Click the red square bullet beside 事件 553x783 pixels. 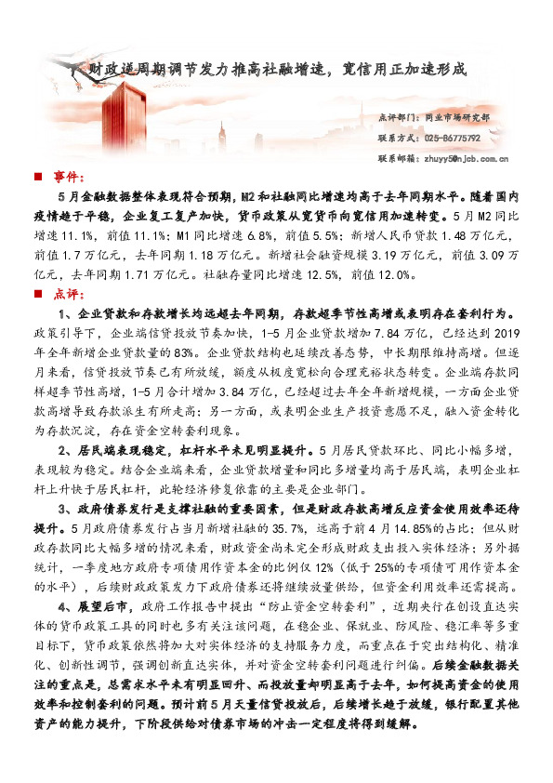tap(37, 177)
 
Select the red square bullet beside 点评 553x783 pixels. tap(37, 293)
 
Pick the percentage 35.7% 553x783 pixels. tap(271, 527)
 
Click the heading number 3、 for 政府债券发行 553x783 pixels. tap(65, 508)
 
